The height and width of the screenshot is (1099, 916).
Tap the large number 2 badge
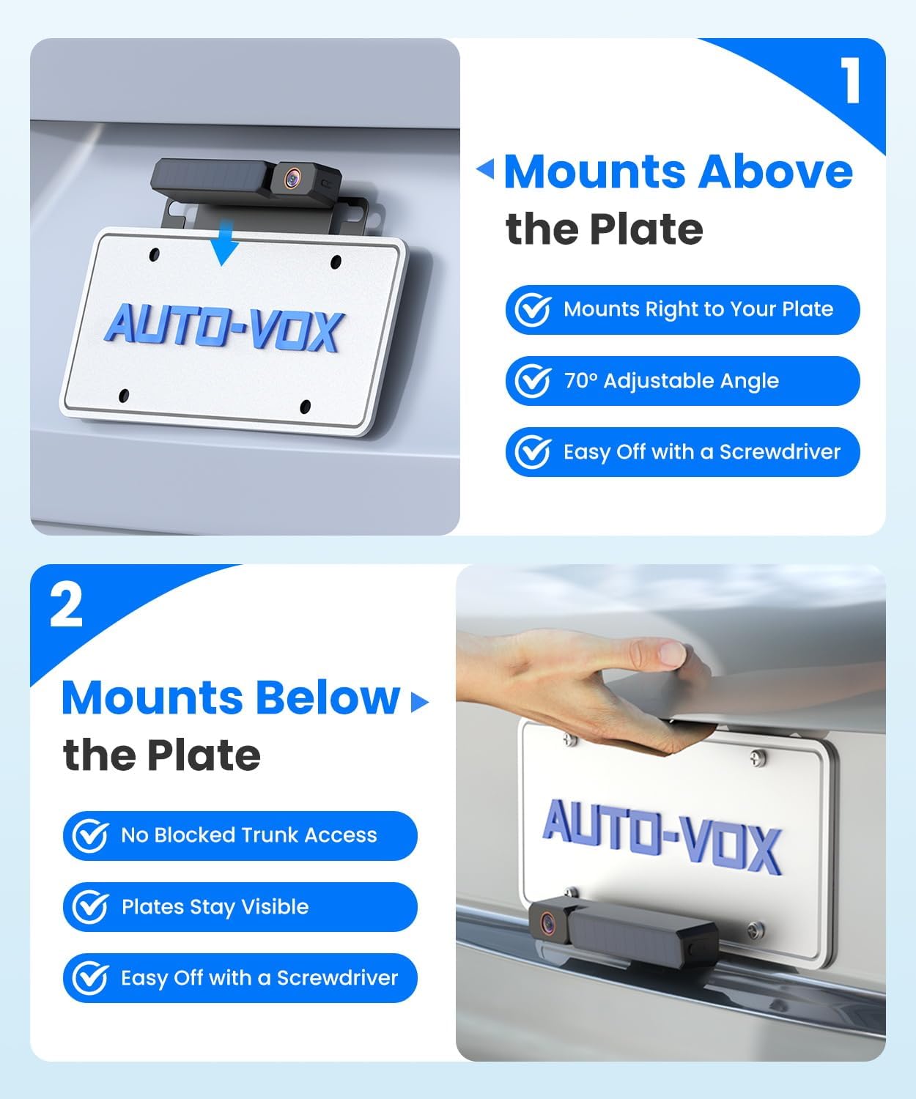tap(66, 605)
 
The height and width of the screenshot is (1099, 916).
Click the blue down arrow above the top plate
tap(224, 247)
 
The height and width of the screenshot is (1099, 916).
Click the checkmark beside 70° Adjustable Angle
tap(533, 381)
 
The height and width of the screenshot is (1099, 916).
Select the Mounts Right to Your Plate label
tap(698, 309)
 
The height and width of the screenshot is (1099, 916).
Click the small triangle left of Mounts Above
tap(486, 170)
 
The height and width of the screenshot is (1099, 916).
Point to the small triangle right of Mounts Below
tap(419, 702)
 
